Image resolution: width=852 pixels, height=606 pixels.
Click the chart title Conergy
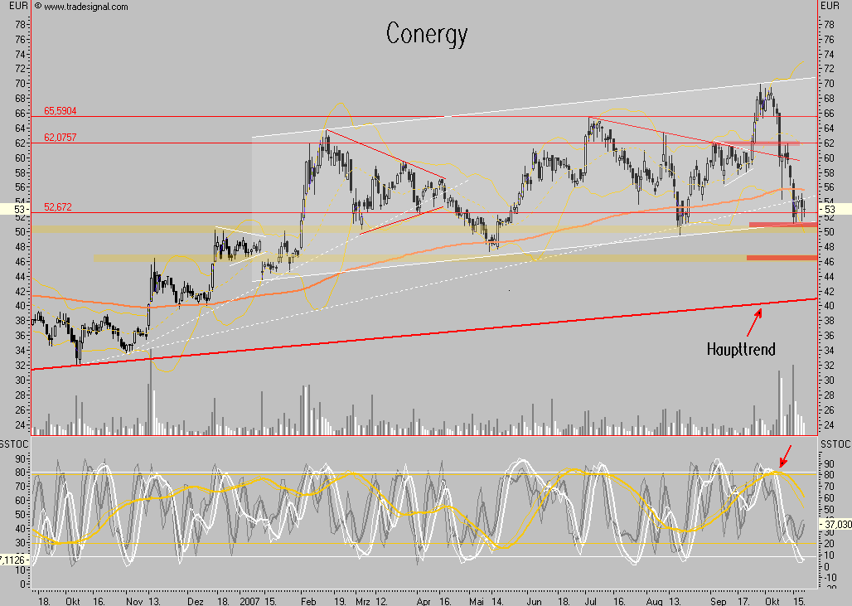pyautogui.click(x=427, y=34)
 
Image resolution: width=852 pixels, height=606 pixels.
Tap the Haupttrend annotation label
pyautogui.click(x=741, y=349)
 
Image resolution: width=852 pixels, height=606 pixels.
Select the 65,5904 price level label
pyautogui.click(x=61, y=110)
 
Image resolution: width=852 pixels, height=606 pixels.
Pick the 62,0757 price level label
pyautogui.click(x=61, y=137)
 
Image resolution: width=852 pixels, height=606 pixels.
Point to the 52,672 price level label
pyautogui.click(x=59, y=207)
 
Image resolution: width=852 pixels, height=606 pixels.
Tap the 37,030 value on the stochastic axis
pyautogui.click(x=835, y=524)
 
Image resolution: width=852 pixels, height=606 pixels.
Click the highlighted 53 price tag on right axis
pyautogui.click(x=830, y=210)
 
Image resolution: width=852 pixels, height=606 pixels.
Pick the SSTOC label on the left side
pyautogui.click(x=15, y=446)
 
